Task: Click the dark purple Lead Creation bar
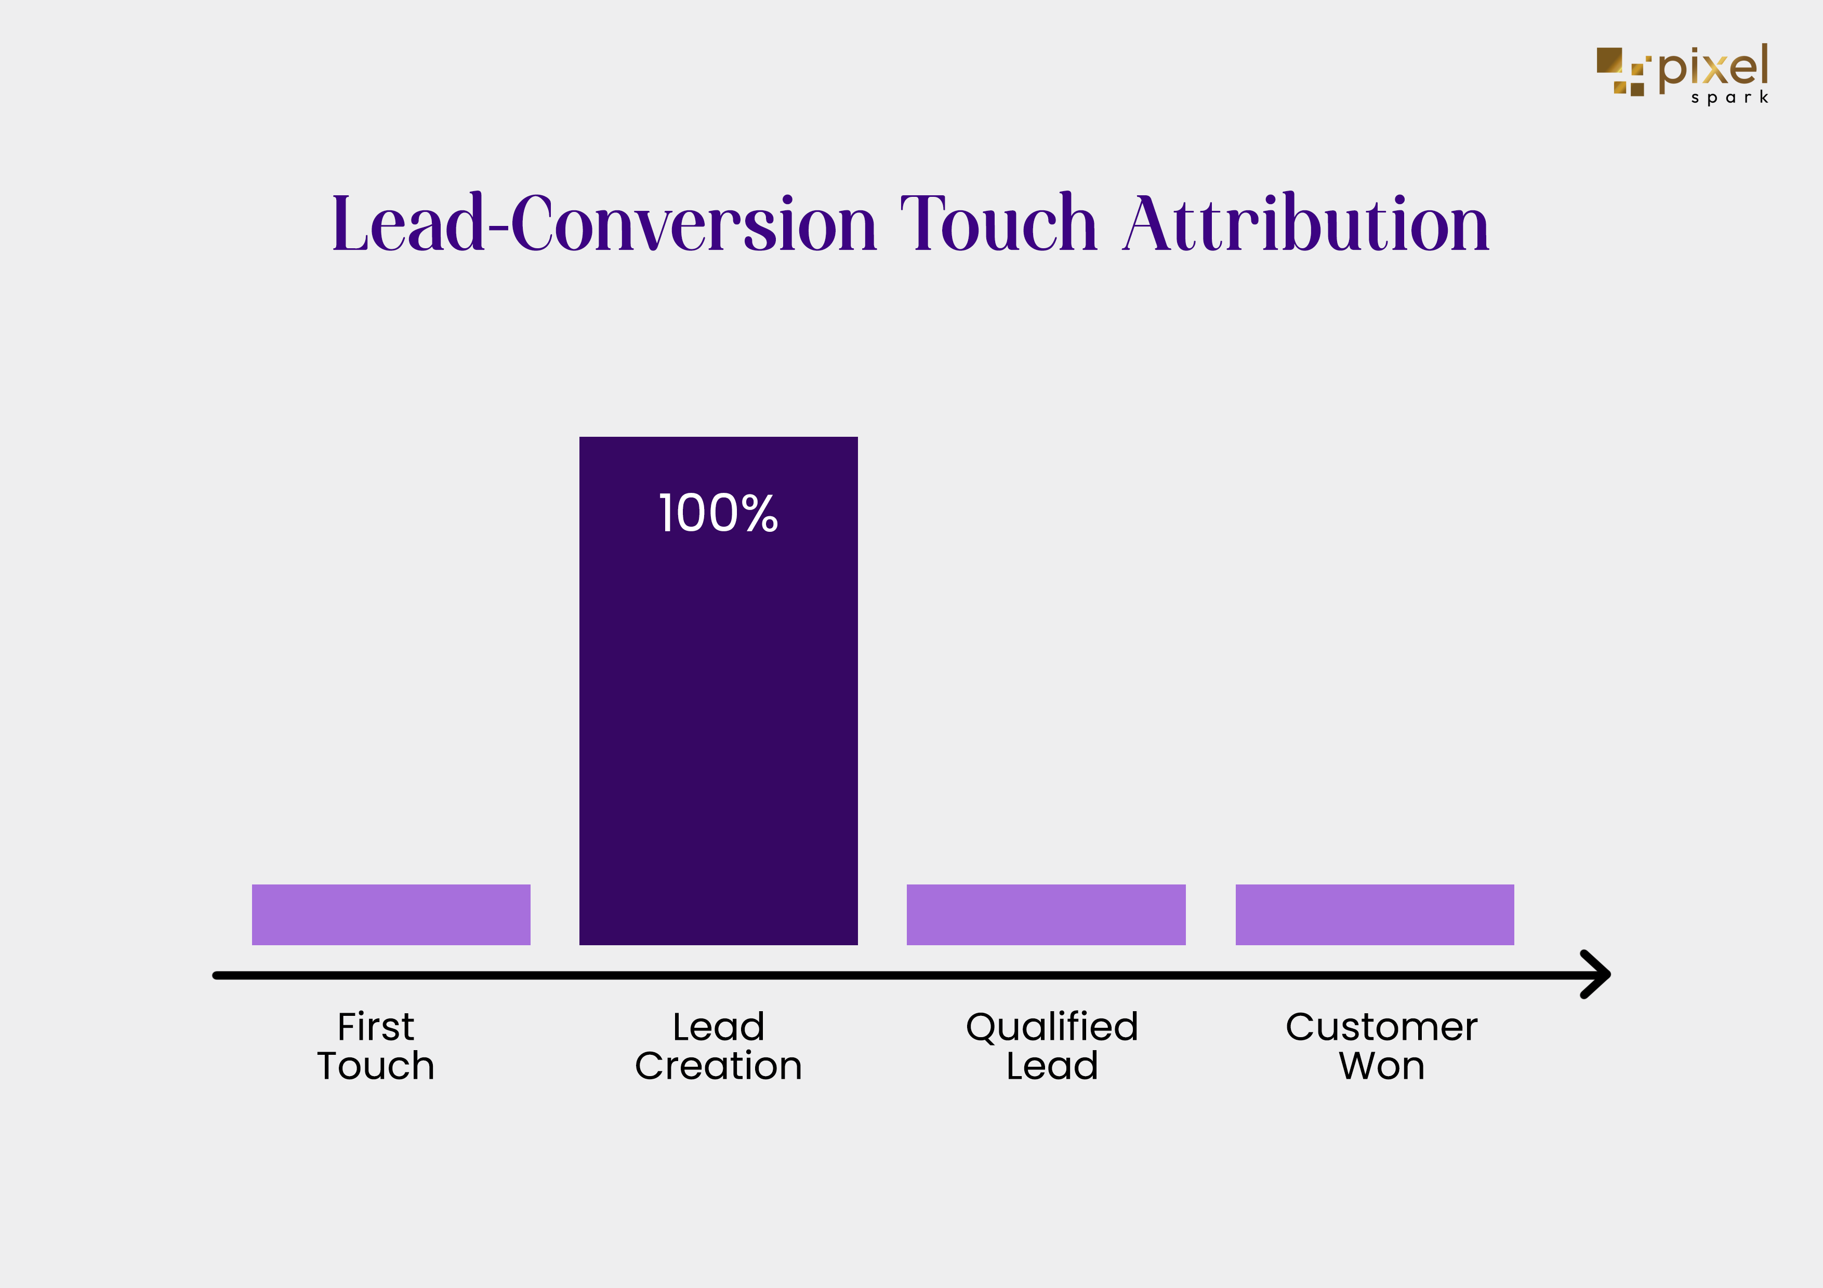pyautogui.click(x=719, y=690)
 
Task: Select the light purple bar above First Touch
pyautogui.click(x=391, y=914)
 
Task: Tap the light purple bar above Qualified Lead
pyautogui.click(x=1046, y=914)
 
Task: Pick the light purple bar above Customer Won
pyautogui.click(x=1375, y=914)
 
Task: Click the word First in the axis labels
pyautogui.click(x=376, y=1027)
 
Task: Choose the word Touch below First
pyautogui.click(x=376, y=1066)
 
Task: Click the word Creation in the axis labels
pyautogui.click(x=719, y=1066)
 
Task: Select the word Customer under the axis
pyautogui.click(x=1382, y=1027)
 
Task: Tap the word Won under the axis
pyautogui.click(x=1382, y=1066)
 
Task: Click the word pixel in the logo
pyautogui.click(x=1713, y=66)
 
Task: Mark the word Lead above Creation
pyautogui.click(x=719, y=1027)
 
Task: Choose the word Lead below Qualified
pyautogui.click(x=1052, y=1066)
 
